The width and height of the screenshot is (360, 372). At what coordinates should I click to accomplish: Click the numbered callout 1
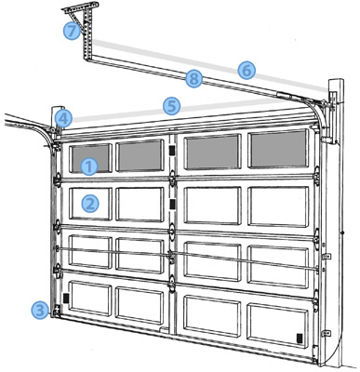pyautogui.click(x=89, y=167)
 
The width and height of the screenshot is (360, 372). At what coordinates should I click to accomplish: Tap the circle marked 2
pyautogui.click(x=89, y=202)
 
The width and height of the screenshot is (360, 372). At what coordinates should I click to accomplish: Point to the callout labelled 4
pyautogui.click(x=61, y=118)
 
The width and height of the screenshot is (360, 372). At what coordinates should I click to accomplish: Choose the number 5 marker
pyautogui.click(x=170, y=106)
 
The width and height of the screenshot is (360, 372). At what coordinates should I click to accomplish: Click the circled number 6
pyautogui.click(x=246, y=70)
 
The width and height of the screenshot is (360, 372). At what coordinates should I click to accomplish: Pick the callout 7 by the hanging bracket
pyautogui.click(x=72, y=31)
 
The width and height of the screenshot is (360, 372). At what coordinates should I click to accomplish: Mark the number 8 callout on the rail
pyautogui.click(x=193, y=79)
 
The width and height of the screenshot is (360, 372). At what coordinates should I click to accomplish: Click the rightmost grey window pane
pyautogui.click(x=277, y=146)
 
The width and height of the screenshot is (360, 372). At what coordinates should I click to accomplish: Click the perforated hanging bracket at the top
pyautogui.click(x=82, y=23)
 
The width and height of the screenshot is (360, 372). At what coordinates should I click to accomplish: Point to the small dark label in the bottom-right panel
pyautogui.click(x=298, y=336)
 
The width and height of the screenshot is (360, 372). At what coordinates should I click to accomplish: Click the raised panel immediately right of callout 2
pyautogui.click(x=140, y=202)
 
